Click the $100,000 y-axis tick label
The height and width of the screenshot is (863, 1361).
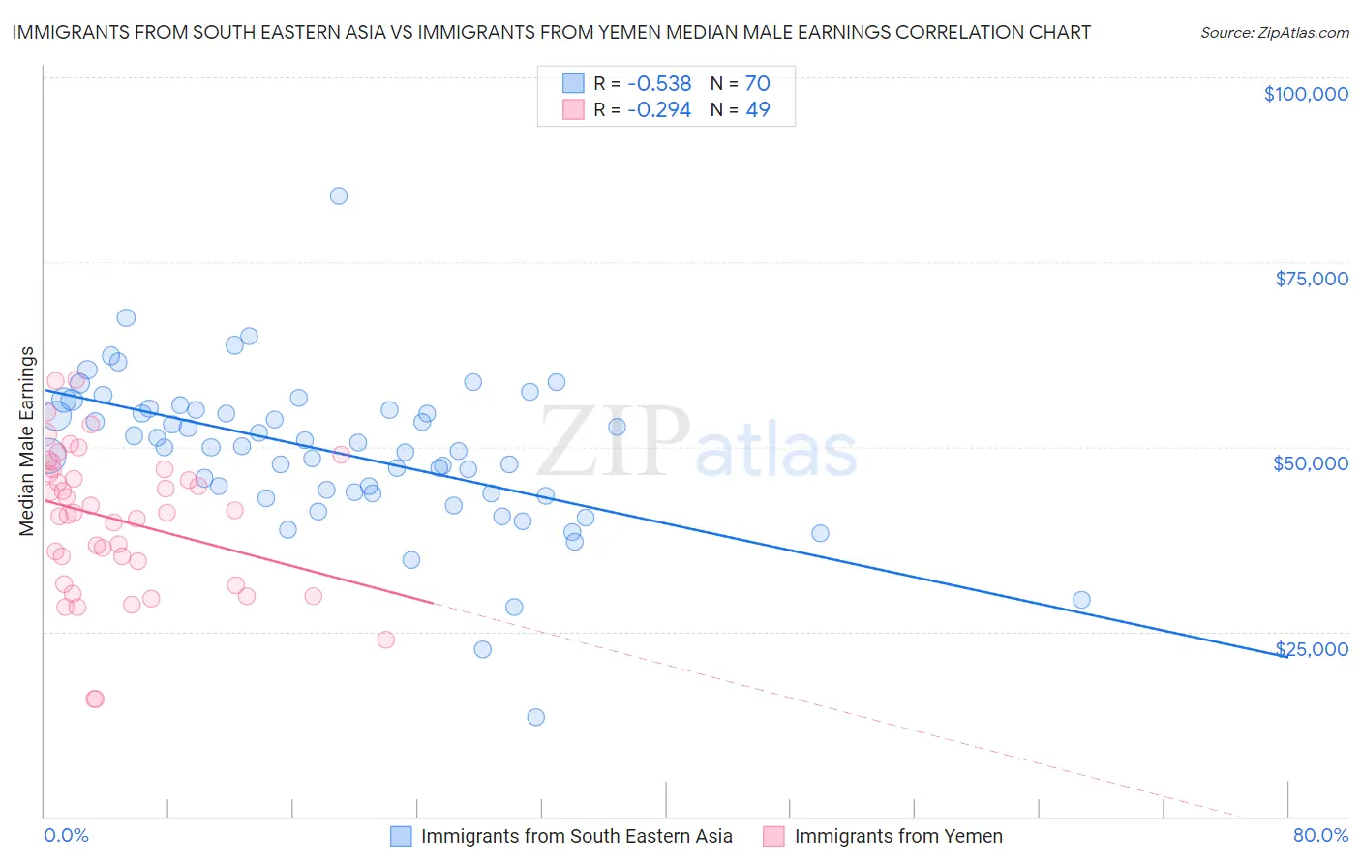tap(1306, 94)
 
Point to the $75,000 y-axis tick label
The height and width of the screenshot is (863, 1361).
tap(1312, 279)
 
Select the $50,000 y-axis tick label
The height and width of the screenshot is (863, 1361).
tap(1311, 463)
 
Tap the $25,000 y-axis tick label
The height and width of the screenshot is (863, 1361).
tap(1311, 648)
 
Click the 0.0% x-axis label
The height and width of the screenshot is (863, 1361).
tap(66, 835)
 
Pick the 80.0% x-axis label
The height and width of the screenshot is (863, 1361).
tap(1320, 835)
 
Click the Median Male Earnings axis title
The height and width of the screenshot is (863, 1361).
tap(27, 440)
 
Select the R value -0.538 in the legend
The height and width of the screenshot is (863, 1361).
tap(659, 83)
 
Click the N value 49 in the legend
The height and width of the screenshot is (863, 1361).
tap(758, 109)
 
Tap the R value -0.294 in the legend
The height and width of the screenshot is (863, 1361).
tap(659, 109)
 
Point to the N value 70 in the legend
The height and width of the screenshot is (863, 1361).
tap(758, 83)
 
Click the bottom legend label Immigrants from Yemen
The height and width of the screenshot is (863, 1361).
tap(898, 836)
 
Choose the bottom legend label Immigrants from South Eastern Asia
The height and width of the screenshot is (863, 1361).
tap(576, 836)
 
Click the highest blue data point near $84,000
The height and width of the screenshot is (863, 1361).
tap(339, 195)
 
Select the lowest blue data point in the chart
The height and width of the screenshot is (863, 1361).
tap(536, 717)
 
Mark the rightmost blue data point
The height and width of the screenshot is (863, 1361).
tap(1082, 600)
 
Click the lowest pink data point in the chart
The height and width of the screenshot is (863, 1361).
tap(95, 699)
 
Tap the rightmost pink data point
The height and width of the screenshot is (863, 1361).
tap(386, 640)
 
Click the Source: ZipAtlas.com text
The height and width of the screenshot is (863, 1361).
tap(1274, 33)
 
